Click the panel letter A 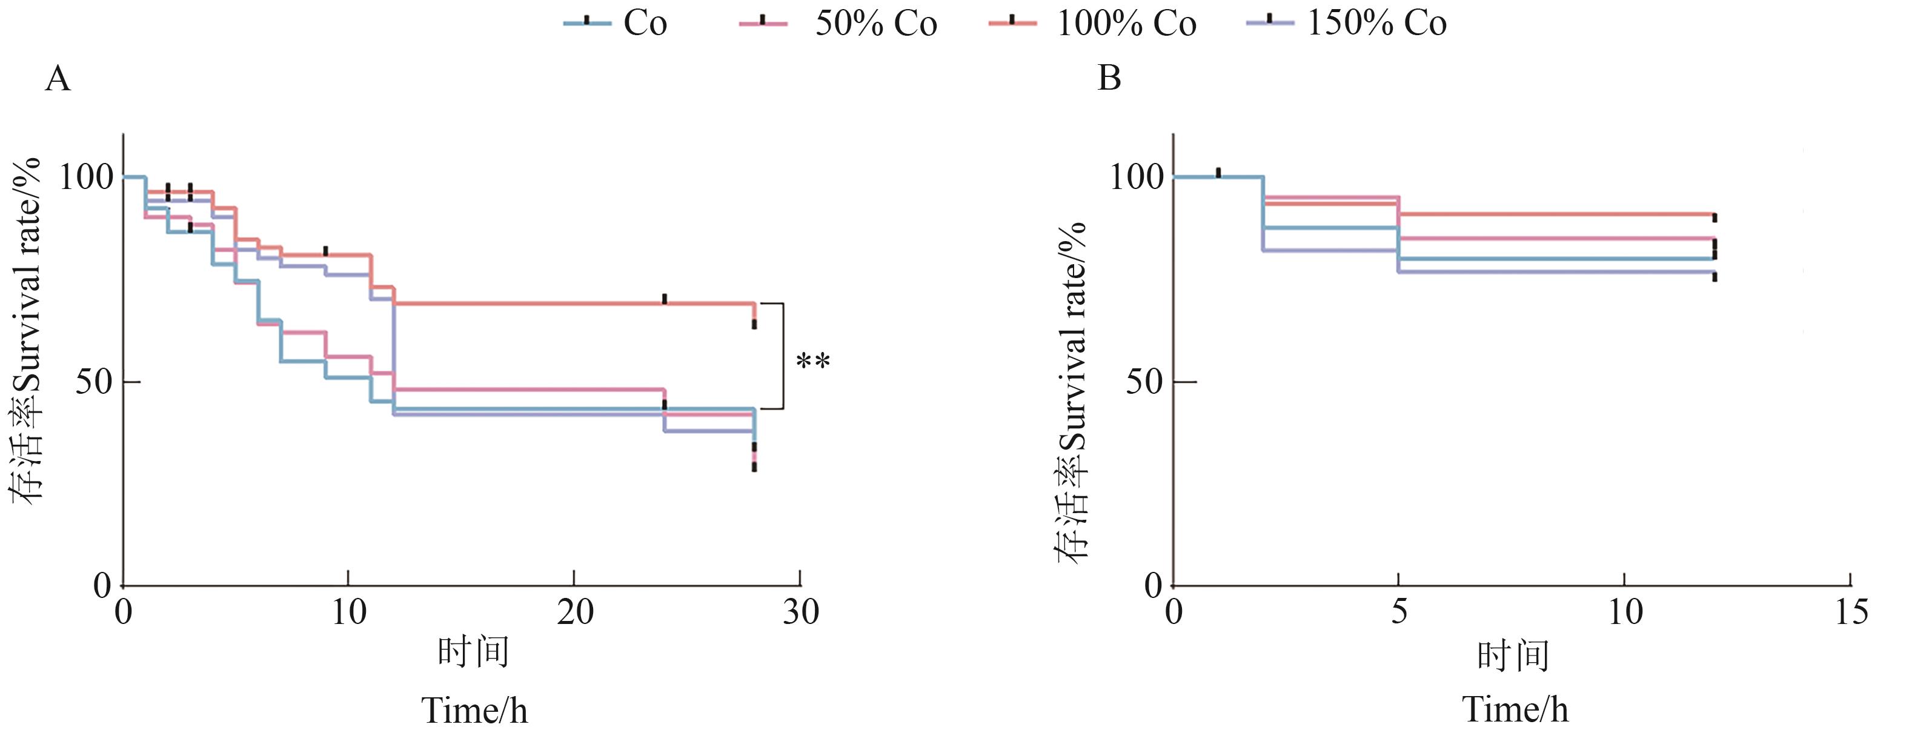point(58,78)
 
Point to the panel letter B point(1109,78)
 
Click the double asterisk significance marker point(813,362)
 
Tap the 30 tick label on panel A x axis point(800,613)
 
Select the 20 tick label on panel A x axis point(574,613)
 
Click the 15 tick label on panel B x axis point(1851,613)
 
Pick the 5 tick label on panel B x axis point(1399,613)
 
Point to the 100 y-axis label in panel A point(85,178)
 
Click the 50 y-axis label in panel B point(1145,383)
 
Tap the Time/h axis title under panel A point(475,709)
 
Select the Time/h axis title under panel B point(1515,709)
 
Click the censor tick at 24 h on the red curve point(665,299)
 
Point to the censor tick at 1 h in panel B point(1218,173)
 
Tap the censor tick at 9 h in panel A point(325,251)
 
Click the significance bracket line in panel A point(783,356)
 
